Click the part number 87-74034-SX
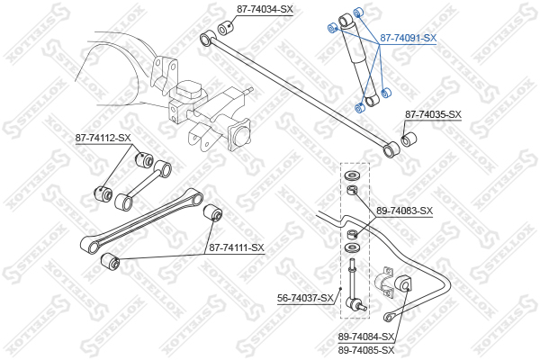(x=265, y=9)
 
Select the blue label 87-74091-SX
(x=408, y=38)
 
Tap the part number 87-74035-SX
(x=433, y=114)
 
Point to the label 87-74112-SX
(x=103, y=138)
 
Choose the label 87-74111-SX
(x=237, y=247)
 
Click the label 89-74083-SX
(x=404, y=211)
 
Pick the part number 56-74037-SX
(x=305, y=298)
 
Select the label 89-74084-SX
(x=365, y=337)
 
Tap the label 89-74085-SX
(x=365, y=350)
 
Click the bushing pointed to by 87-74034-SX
(x=226, y=28)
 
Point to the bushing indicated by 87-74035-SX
(x=409, y=139)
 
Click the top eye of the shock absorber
(x=346, y=20)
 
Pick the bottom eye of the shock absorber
(x=372, y=101)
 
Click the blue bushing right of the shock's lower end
(x=386, y=93)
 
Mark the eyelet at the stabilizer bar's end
(x=389, y=317)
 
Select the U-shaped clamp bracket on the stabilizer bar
(x=383, y=282)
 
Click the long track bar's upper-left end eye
(x=208, y=38)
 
